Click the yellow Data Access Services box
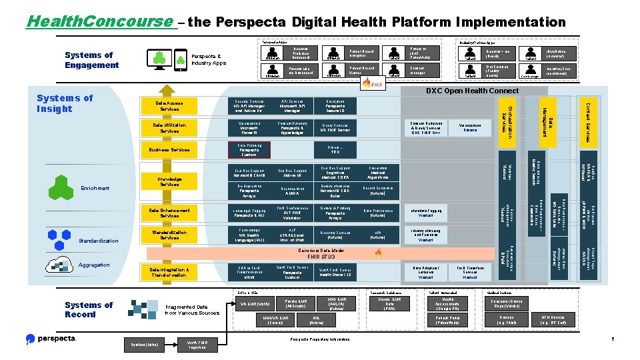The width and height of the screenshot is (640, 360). click(169, 105)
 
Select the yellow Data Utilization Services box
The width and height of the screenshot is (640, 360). click(169, 127)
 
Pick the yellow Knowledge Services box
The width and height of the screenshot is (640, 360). click(169, 181)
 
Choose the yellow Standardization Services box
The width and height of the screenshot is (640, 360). click(169, 235)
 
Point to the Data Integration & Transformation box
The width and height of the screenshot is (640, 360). click(169, 272)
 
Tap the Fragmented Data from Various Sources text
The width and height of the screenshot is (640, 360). click(191, 309)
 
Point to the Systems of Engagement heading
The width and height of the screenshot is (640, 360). click(92, 60)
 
